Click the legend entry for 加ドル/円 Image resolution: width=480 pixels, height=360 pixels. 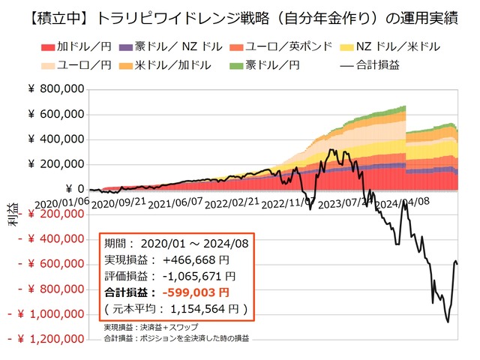pos(72,47)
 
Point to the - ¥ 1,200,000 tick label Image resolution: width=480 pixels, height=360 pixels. pos(46,339)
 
